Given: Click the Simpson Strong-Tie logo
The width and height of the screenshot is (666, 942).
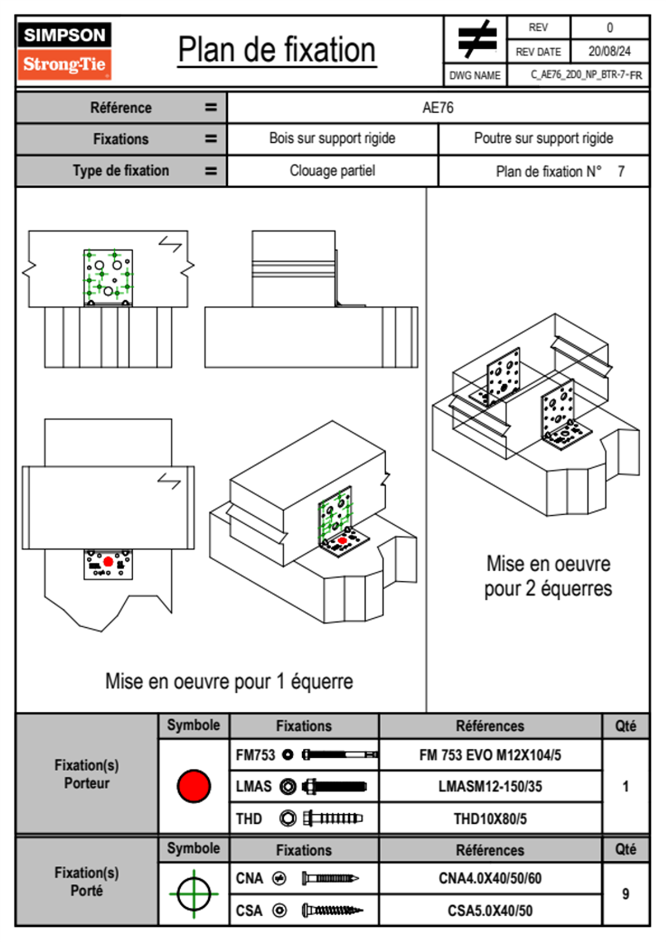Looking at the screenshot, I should (64, 50).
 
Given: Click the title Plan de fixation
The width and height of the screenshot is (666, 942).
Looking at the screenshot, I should (276, 50).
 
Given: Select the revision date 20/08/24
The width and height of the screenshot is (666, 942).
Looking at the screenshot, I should (609, 52).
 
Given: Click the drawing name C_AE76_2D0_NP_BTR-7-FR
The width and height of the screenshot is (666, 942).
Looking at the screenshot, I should (586, 75).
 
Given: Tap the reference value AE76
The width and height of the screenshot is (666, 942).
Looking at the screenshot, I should (438, 108).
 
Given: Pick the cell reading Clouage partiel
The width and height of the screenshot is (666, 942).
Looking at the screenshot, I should (332, 171).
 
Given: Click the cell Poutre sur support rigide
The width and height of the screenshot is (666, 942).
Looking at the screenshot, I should (543, 138).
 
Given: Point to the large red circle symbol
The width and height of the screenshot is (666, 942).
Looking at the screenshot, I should (194, 786).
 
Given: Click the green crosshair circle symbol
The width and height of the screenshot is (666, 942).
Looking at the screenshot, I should (194, 894).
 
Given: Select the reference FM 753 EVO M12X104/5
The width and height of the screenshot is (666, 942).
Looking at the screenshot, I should (490, 755).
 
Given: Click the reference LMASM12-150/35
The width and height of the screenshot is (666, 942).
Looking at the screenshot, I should (490, 786).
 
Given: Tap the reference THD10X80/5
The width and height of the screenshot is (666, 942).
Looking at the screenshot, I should (490, 819).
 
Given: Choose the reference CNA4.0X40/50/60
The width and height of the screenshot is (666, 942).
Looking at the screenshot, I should (490, 878).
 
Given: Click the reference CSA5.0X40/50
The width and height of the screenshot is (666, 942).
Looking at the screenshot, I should (490, 911).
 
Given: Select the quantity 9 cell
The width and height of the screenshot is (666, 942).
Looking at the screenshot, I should (625, 894).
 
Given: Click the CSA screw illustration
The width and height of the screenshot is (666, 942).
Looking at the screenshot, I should (332, 911).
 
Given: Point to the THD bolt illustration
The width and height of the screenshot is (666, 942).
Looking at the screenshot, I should (332, 819).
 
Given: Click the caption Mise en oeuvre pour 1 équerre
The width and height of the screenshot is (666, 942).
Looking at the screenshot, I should (229, 682).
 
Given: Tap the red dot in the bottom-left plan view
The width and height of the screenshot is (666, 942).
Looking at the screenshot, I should (108, 562).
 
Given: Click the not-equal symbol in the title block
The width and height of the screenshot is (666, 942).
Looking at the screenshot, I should (476, 39).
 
